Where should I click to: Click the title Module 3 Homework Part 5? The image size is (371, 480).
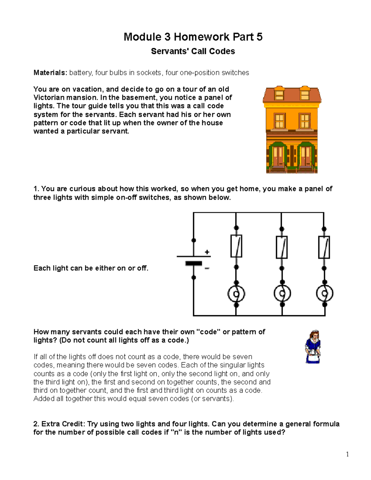[193, 37]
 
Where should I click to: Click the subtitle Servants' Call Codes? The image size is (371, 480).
[193, 51]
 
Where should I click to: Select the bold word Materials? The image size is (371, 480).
[50, 73]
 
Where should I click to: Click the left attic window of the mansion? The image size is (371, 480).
[279, 94]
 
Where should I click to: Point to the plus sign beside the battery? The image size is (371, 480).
[207, 252]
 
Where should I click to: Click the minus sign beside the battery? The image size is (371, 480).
[207, 268]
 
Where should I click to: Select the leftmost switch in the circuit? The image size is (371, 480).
[236, 246]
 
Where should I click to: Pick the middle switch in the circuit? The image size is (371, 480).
[282, 247]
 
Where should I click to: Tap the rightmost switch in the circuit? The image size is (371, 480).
[324, 247]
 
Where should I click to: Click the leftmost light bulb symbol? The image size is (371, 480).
[236, 294]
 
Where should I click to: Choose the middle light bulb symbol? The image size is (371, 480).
[282, 294]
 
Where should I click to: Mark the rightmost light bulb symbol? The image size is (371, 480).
[324, 294]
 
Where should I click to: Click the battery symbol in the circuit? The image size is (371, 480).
[194, 260]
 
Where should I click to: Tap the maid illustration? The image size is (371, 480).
[313, 346]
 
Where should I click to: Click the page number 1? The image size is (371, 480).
[348, 454]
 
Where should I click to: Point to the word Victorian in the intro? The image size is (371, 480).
[48, 98]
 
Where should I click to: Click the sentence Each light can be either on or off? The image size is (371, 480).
[91, 268]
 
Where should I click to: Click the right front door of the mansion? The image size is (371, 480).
[305, 156]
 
